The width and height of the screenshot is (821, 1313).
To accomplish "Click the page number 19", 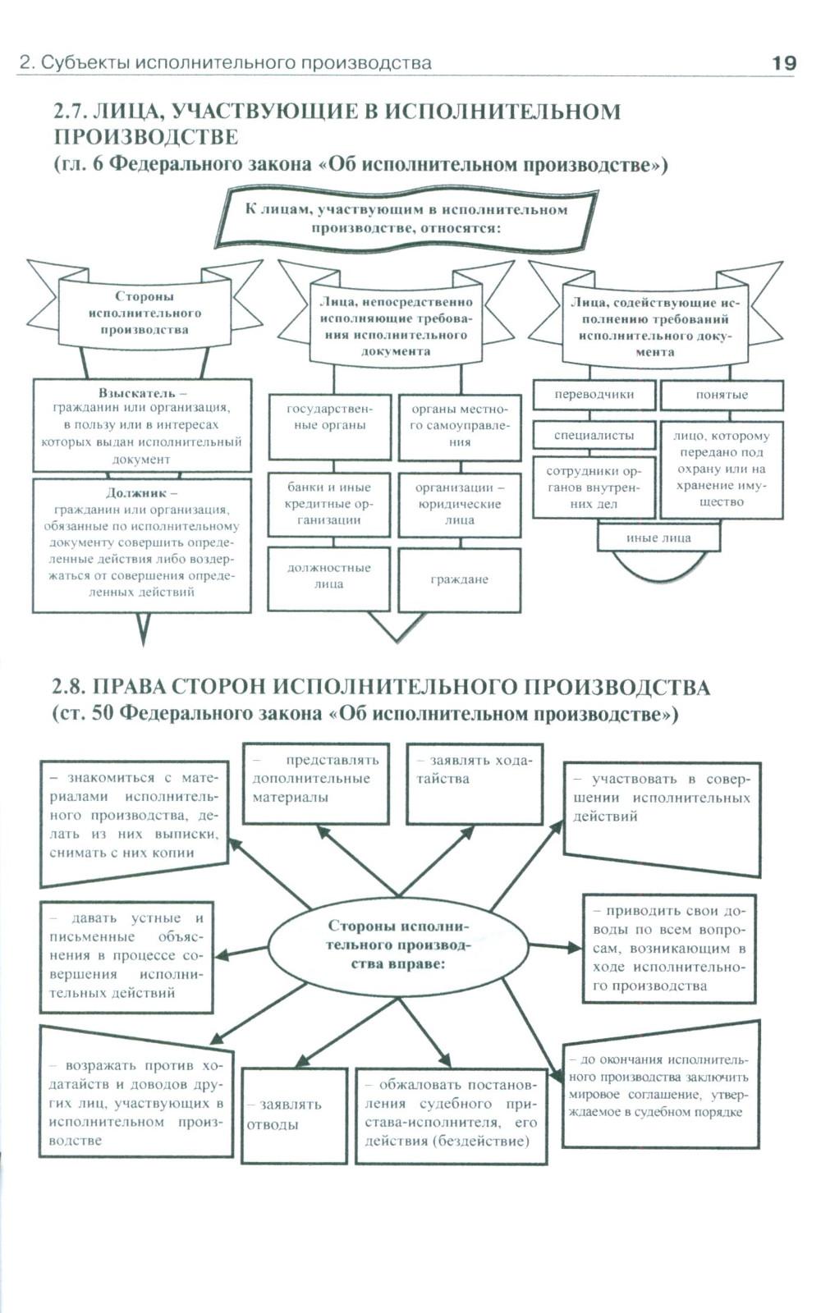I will tap(783, 63).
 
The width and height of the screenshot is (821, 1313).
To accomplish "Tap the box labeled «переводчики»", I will tap(594, 395).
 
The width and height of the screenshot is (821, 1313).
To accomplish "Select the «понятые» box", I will tap(722, 395).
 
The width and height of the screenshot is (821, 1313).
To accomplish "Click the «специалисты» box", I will tap(594, 435).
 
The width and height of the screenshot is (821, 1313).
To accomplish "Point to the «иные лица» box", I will tap(658, 538).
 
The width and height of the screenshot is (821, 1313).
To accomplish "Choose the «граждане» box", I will tap(459, 579).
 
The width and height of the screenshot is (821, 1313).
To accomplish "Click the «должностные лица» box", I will tap(328, 576).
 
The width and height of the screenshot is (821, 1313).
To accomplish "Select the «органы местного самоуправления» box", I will tap(460, 425).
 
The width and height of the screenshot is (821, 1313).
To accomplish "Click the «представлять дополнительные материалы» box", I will tap(315, 783).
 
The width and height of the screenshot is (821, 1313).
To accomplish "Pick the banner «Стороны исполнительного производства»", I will tap(144, 313).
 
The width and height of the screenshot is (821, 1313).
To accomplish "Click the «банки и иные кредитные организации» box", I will tap(328, 504).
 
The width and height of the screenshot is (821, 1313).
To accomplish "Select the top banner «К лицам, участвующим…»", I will tap(406, 218).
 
